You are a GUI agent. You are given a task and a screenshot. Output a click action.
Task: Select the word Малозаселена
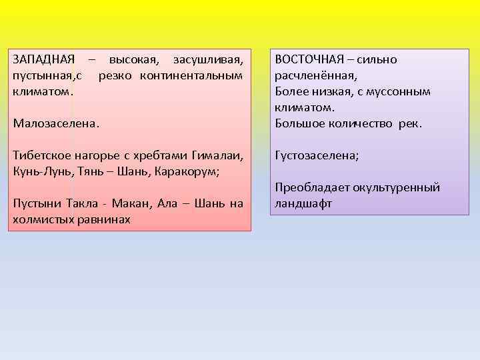(55, 123)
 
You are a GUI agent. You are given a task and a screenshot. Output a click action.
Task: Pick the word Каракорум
(187, 171)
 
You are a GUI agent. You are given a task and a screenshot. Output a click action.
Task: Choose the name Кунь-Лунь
(41, 171)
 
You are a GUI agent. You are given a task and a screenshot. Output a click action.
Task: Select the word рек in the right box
(410, 123)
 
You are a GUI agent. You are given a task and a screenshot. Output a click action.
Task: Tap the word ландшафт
(303, 204)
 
